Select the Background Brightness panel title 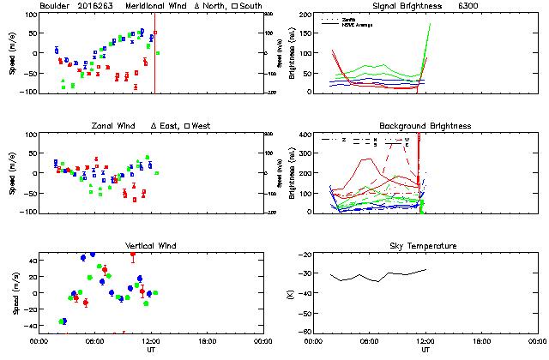tap(425, 126)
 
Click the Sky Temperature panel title tap(425, 246)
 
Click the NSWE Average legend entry tap(359, 23)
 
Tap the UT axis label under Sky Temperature tap(425, 350)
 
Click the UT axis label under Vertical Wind tap(151, 350)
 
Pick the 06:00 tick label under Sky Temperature tap(370, 341)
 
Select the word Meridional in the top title tap(148, 6)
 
